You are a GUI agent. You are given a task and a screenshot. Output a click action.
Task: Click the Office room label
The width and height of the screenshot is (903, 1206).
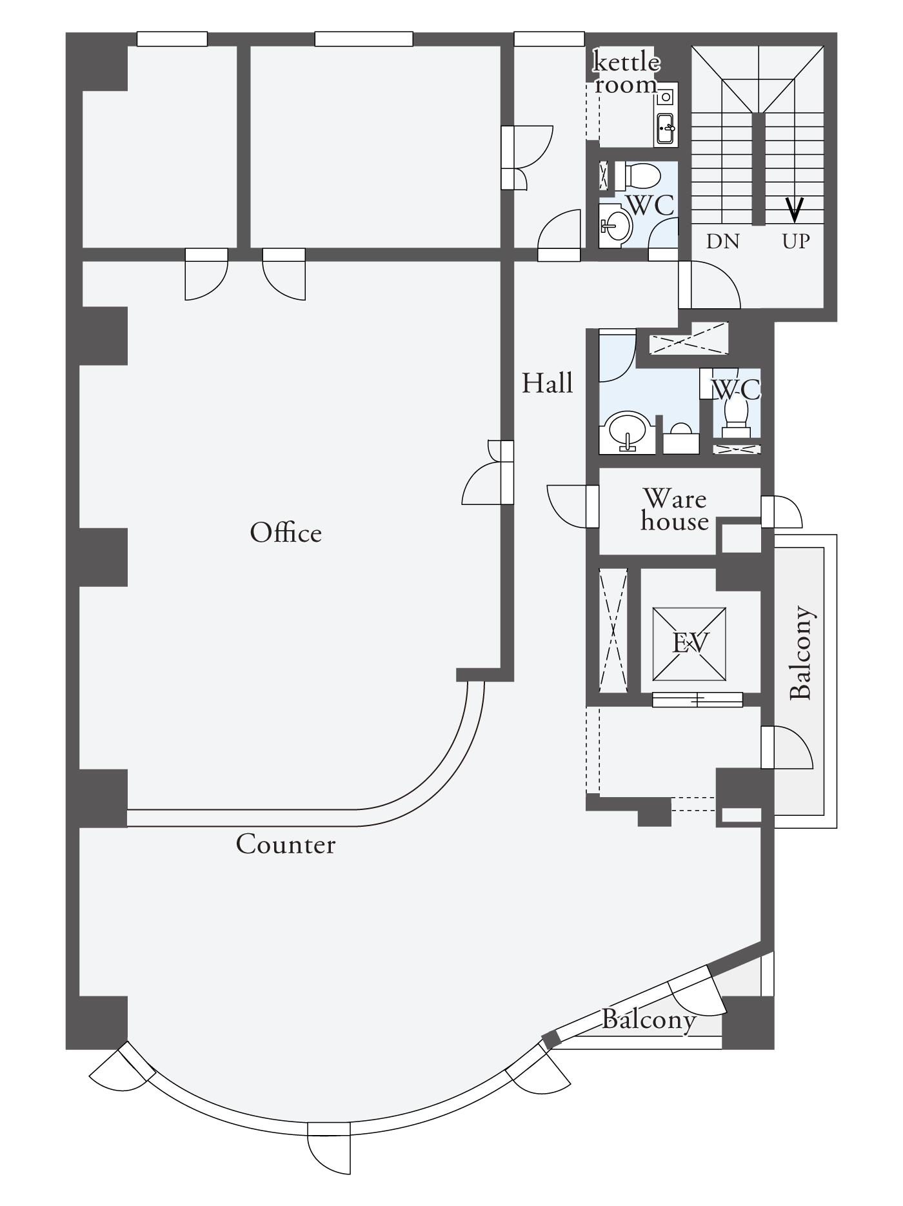(286, 533)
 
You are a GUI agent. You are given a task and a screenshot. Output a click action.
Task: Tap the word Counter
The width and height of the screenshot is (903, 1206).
(286, 844)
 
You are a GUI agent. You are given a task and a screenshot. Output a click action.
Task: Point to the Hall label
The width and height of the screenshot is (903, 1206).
(548, 383)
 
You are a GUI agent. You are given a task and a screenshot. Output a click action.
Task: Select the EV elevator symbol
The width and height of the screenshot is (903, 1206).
(690, 643)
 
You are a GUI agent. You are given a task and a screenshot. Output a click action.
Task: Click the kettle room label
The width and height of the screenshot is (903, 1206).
(626, 74)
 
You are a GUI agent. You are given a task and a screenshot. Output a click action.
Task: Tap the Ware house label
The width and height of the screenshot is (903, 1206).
(675, 509)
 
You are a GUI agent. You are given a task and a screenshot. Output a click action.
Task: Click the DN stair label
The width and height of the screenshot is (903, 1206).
(722, 241)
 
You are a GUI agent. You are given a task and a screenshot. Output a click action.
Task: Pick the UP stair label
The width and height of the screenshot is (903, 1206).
(795, 241)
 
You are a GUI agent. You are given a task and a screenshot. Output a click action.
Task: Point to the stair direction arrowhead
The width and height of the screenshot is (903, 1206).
(795, 208)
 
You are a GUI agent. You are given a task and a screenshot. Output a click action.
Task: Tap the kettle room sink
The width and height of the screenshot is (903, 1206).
(665, 128)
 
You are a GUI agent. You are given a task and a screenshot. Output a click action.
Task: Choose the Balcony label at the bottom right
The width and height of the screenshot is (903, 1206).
(648, 1019)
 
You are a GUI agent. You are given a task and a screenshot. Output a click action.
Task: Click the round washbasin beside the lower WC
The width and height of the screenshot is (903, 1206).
(627, 430)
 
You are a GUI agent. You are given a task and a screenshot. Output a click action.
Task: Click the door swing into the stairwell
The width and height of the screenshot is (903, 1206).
(709, 284)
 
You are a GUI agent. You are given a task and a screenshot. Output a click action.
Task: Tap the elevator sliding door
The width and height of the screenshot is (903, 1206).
(697, 699)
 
